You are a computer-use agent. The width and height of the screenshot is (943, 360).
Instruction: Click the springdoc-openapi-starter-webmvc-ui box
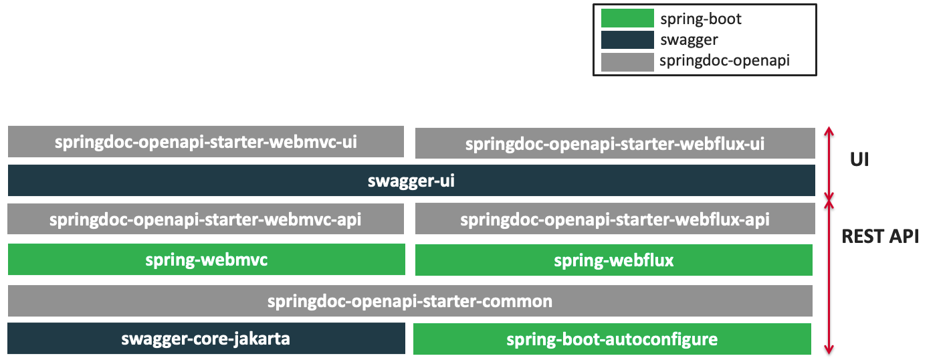(206, 141)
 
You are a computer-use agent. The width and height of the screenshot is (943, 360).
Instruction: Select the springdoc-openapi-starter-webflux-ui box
(615, 143)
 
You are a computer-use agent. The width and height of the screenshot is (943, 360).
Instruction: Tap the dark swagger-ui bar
(411, 181)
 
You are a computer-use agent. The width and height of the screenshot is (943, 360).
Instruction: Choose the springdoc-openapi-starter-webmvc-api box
(206, 219)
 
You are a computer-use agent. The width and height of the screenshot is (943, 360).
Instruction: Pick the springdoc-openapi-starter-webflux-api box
(615, 219)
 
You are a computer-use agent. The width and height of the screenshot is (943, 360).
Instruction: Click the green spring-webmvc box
(206, 260)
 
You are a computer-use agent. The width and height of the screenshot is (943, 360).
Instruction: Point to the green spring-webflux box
(613, 260)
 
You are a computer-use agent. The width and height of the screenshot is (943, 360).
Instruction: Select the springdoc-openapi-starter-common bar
(410, 301)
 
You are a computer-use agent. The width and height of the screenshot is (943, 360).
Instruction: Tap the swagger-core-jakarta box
(206, 339)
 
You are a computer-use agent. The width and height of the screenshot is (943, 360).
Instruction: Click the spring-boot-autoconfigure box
(612, 339)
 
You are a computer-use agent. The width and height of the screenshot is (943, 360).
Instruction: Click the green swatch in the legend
(627, 18)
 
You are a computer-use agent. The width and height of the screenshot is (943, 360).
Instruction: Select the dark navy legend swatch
(627, 40)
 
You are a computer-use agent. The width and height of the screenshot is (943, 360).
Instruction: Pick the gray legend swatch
(627, 62)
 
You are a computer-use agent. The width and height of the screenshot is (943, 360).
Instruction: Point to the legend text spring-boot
(700, 19)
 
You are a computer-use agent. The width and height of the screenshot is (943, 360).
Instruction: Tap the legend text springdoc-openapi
(724, 61)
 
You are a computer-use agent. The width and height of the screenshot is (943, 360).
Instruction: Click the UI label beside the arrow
(859, 160)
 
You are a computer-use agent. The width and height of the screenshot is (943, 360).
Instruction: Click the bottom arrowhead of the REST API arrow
(830, 350)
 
